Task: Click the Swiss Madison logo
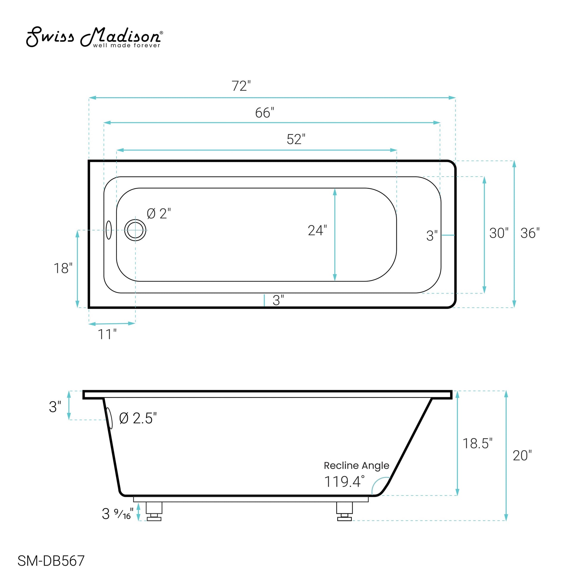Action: tap(94, 37)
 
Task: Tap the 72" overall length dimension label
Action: tap(241, 86)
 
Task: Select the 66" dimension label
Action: tap(265, 113)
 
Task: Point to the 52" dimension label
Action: tap(296, 139)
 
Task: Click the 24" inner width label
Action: tap(317, 231)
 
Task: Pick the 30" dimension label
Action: tap(499, 233)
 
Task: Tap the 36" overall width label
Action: tap(530, 233)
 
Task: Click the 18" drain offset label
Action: tap(63, 268)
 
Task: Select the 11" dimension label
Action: tap(107, 334)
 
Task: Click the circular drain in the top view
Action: tap(135, 230)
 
